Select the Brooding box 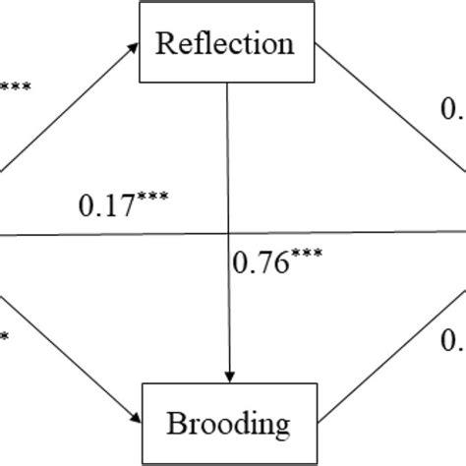229,425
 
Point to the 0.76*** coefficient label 275,262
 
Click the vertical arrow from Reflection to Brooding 229,177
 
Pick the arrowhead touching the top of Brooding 229,376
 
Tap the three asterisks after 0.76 305,255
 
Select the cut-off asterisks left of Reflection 15,87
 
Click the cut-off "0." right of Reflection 452,106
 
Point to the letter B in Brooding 178,425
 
